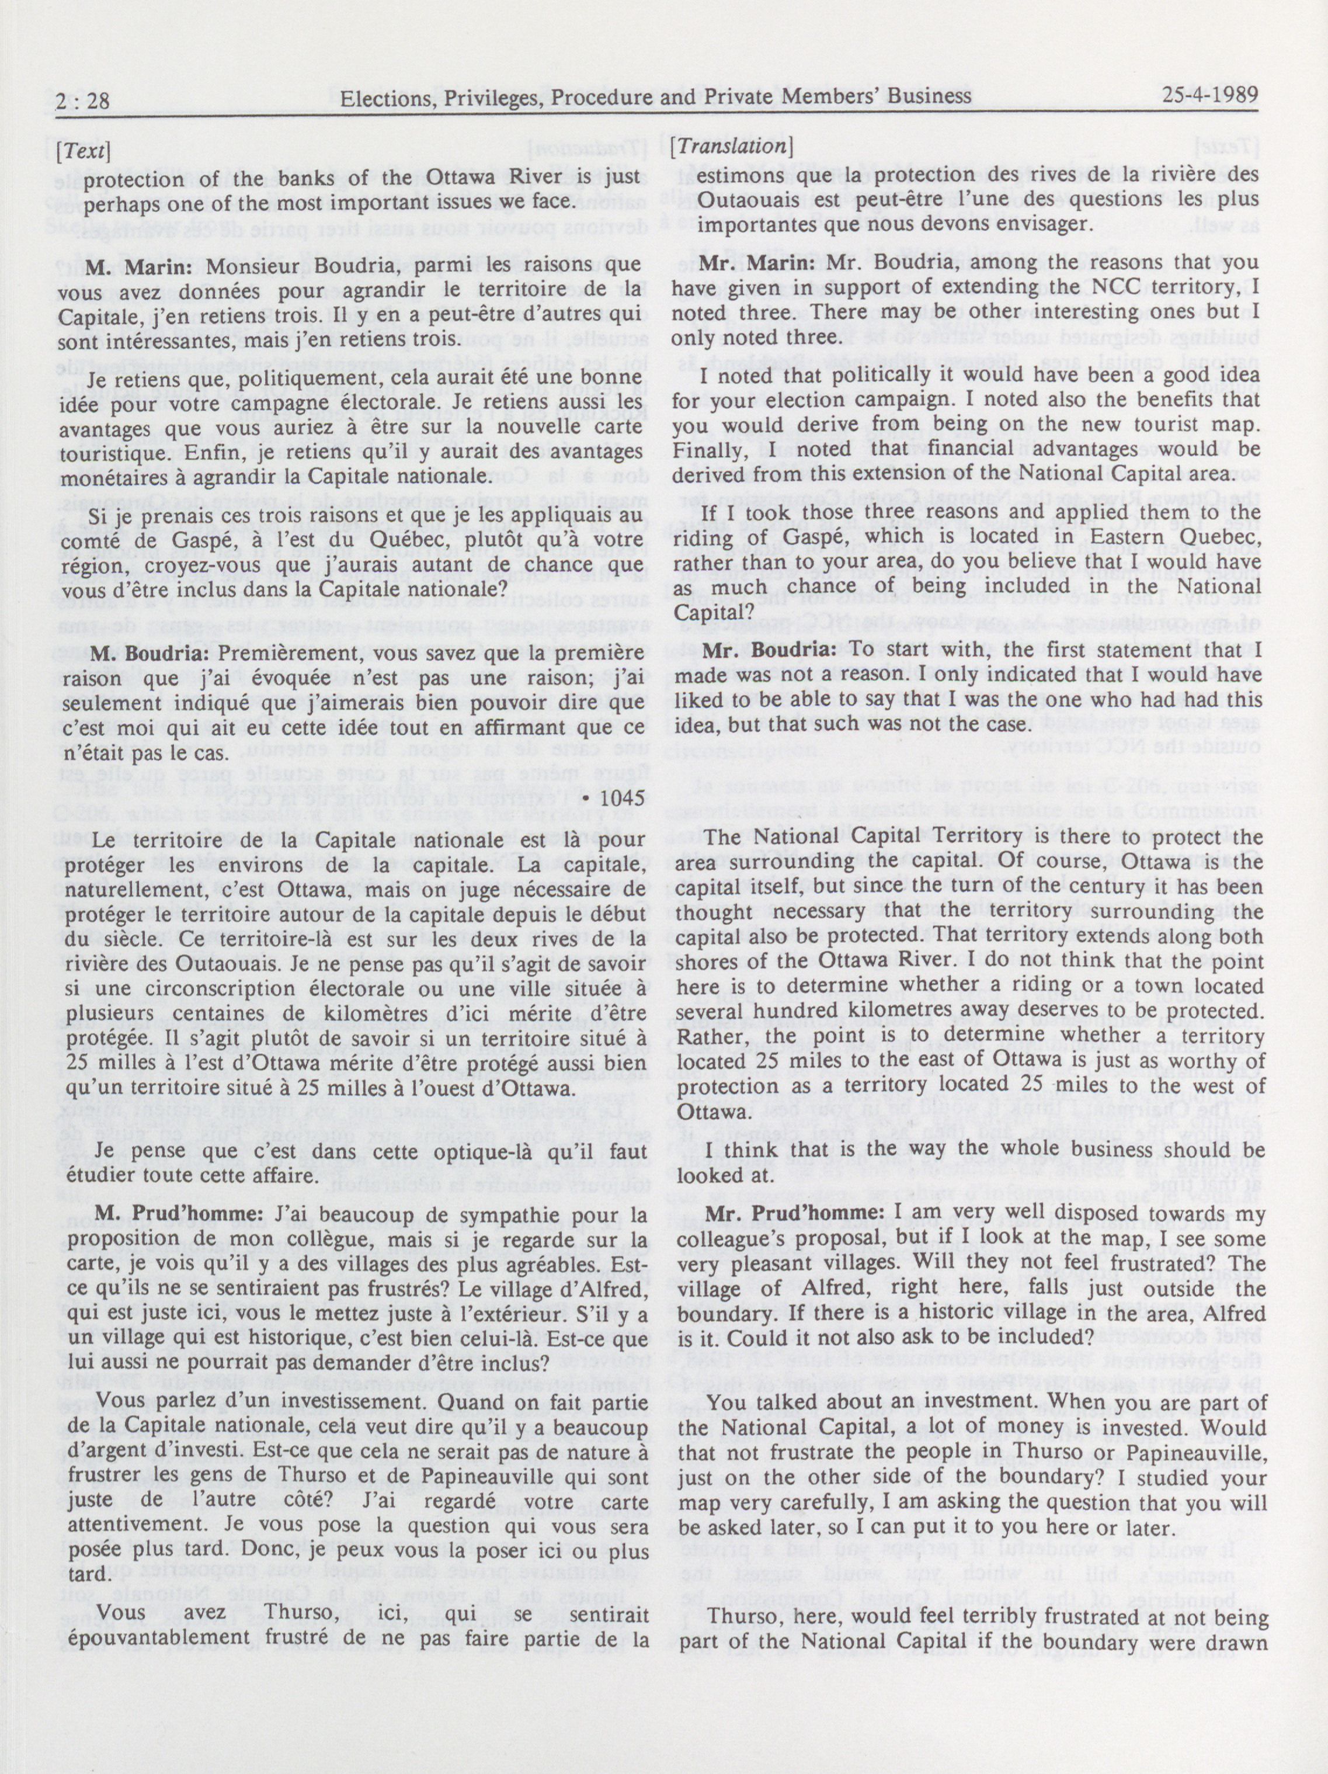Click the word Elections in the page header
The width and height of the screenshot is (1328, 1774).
pos(382,98)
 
